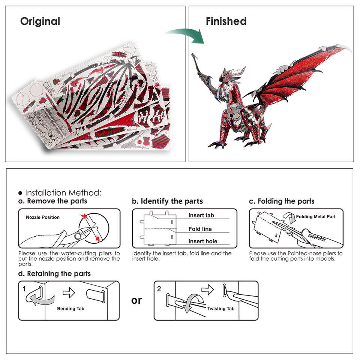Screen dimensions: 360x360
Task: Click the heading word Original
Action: [40, 21]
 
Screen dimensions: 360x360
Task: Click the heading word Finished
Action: [226, 21]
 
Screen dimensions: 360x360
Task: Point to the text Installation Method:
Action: [63, 193]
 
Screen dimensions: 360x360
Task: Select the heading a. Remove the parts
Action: [52, 201]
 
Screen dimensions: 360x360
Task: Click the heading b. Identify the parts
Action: [167, 201]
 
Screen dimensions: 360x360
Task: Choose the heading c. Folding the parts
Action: [282, 201]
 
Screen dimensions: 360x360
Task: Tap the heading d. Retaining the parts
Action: [54, 274]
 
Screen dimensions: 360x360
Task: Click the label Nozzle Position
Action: [43, 217]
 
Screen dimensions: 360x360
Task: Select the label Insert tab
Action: [201, 215]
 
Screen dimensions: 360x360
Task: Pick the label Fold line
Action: [200, 229]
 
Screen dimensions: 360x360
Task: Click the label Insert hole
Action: [202, 241]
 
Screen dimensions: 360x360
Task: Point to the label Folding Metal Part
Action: [316, 216]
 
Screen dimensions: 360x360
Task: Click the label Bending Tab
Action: [70, 309]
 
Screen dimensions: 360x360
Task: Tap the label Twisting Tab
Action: [221, 308]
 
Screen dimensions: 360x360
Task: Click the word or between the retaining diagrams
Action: [136, 300]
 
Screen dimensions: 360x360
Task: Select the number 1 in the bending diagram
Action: [24, 289]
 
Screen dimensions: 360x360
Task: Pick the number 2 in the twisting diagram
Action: [159, 289]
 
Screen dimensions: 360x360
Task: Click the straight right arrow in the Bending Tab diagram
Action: [69, 292]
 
